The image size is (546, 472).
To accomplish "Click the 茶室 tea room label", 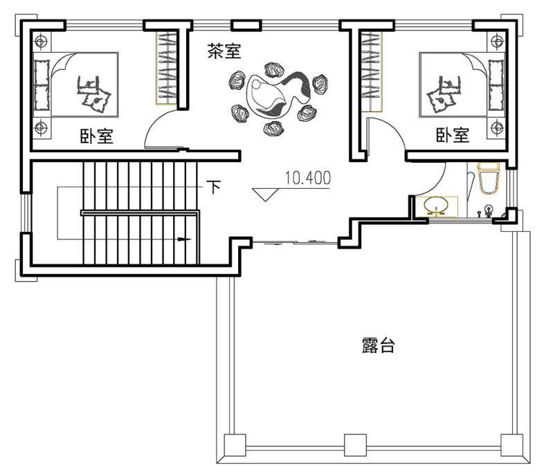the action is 224,51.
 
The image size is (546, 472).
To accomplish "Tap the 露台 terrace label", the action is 378,345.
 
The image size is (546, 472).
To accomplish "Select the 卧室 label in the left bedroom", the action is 97,136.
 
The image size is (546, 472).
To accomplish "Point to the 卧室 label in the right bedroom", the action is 453,135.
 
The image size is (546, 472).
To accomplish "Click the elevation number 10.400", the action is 308,178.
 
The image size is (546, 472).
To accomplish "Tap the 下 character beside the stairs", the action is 214,187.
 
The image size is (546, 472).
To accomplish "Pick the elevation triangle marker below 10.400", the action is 265,194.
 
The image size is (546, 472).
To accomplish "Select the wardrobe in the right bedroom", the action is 372,72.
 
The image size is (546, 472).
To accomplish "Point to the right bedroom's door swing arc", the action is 394,127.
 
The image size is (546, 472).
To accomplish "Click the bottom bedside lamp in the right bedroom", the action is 497,127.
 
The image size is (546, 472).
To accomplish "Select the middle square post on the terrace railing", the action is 355,445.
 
